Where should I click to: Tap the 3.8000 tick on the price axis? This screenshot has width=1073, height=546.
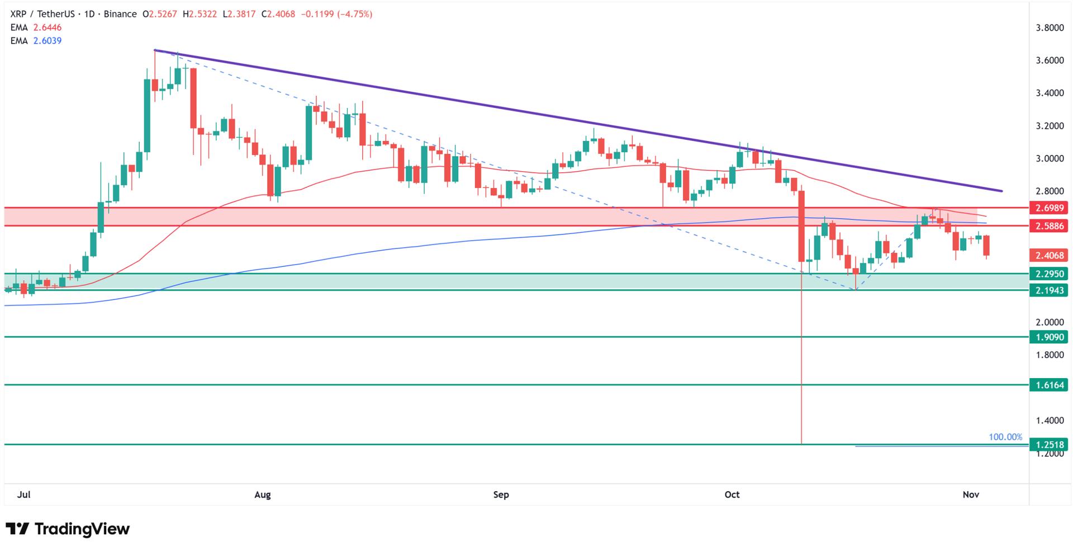[1050, 28]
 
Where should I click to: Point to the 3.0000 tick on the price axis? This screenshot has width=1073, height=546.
[1050, 159]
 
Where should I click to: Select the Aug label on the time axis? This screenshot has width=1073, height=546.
[262, 495]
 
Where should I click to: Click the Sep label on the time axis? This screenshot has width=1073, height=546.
[501, 495]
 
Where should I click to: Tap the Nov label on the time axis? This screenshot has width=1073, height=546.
[971, 495]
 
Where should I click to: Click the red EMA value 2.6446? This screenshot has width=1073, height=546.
[48, 27]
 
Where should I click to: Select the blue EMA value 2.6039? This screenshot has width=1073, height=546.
[48, 41]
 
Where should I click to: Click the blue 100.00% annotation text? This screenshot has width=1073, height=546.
[1005, 437]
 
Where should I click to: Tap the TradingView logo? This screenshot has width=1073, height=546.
[68, 529]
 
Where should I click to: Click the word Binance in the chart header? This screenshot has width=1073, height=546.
[120, 14]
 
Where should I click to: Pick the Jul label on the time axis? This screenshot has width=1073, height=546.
[23, 495]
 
